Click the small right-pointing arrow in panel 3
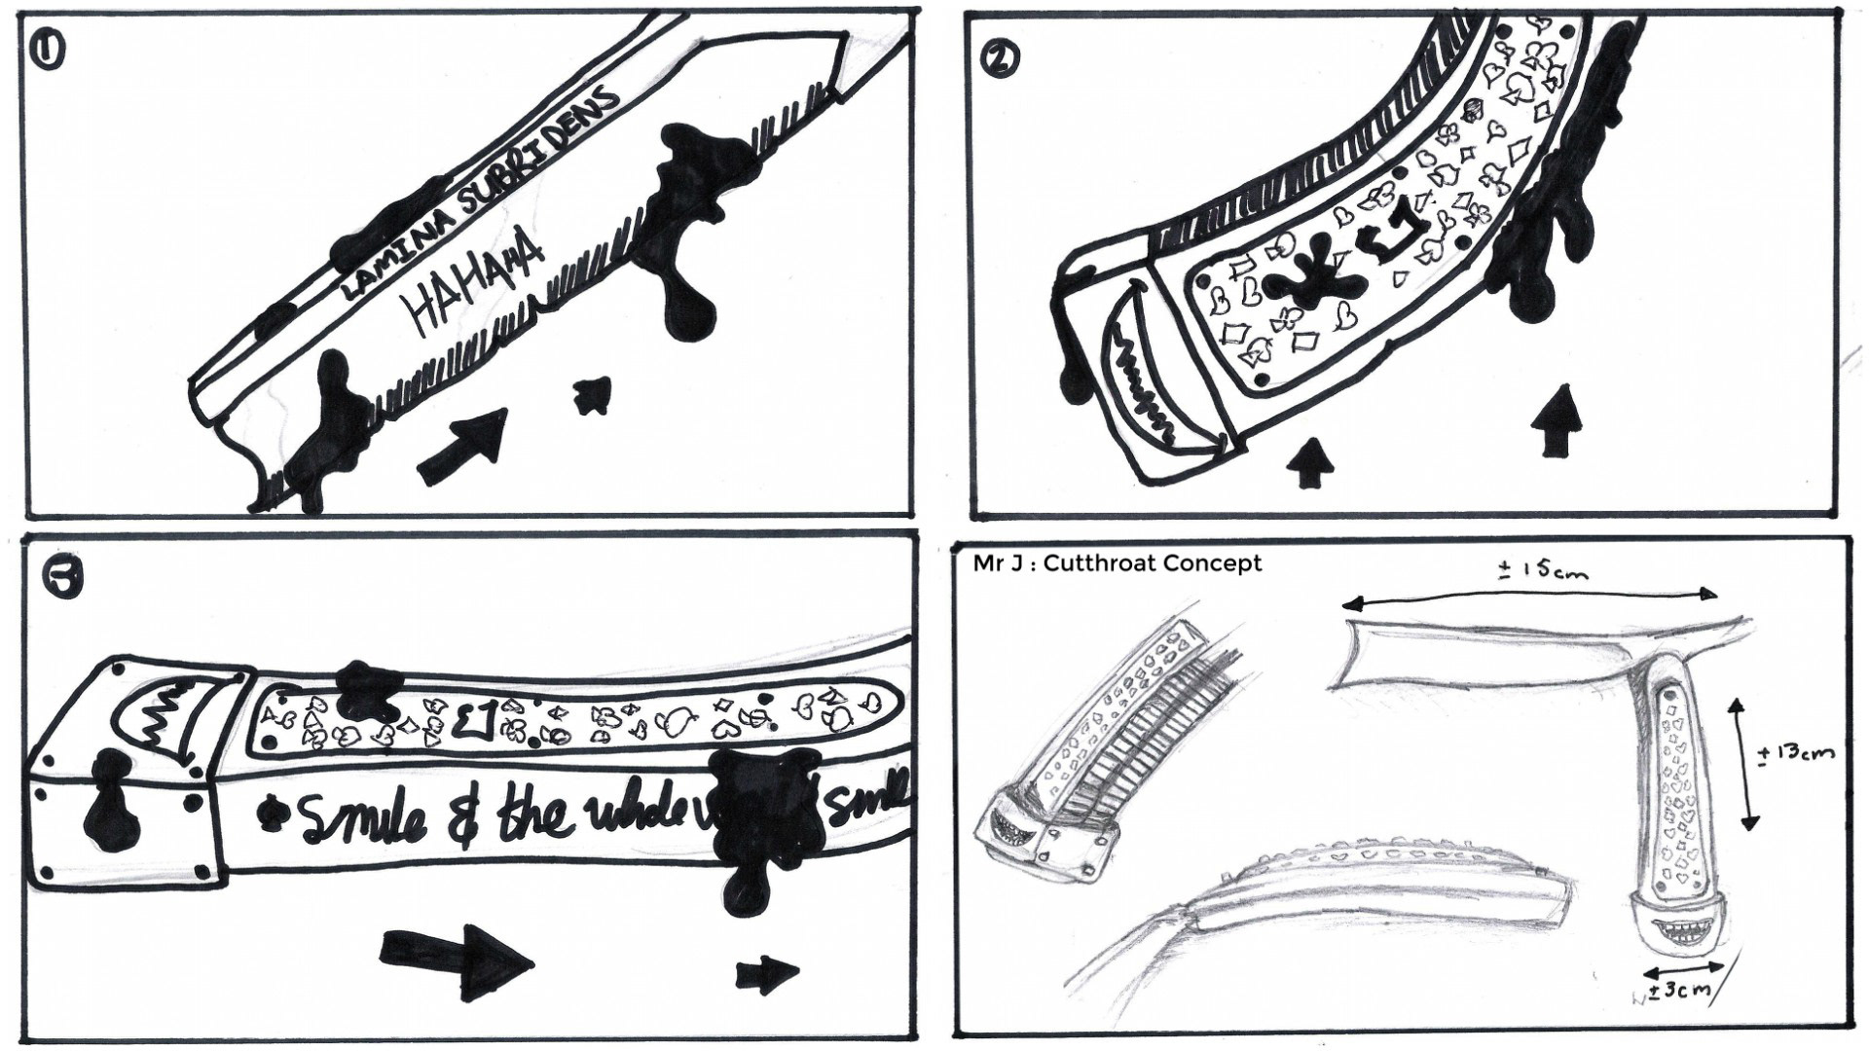(x=767, y=972)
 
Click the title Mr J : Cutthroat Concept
(x=1117, y=564)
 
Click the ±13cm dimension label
(x=1798, y=753)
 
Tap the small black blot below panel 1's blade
(x=590, y=393)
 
